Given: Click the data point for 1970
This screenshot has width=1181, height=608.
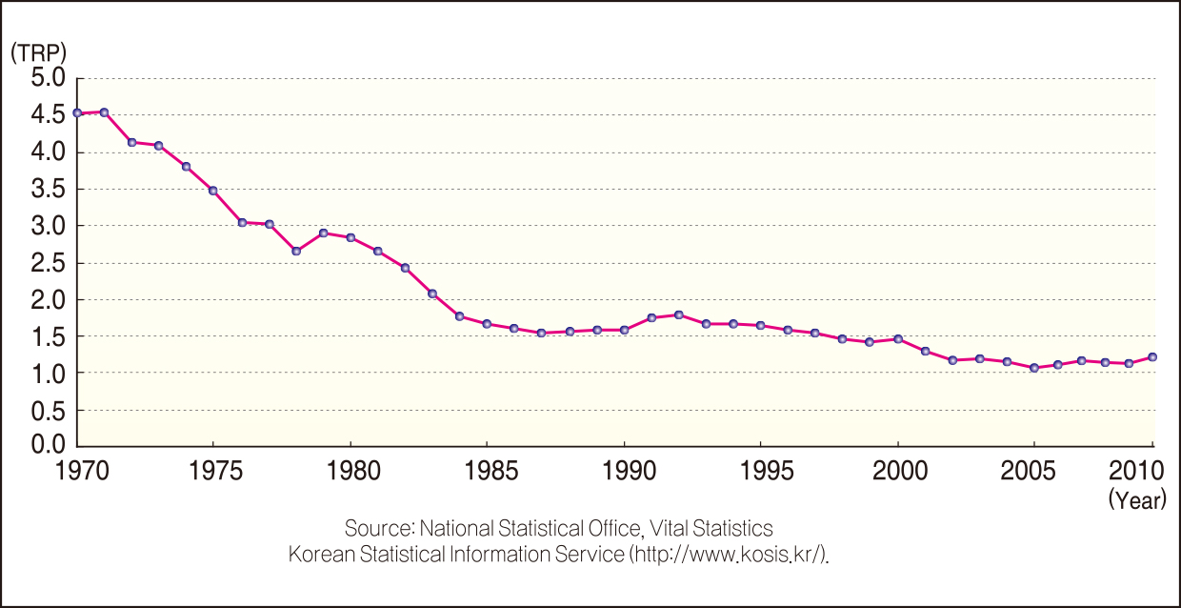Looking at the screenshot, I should [77, 113].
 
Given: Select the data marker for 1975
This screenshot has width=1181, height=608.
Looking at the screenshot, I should [213, 191].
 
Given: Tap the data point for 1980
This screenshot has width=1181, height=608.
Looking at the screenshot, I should [350, 237].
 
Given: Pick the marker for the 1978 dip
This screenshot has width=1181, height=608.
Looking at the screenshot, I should [296, 252].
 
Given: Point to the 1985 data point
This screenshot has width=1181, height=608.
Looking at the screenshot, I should [487, 324].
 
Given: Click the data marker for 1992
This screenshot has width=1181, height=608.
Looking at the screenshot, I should [679, 314].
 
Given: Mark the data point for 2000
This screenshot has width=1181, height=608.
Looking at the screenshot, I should [898, 339].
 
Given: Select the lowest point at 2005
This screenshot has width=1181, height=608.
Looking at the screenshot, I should [1034, 368].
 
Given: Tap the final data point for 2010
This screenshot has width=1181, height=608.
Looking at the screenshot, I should [1152, 357].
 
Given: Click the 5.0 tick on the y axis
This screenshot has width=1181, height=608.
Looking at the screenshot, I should [47, 77].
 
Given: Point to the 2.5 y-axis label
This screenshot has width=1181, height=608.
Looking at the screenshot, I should [47, 263].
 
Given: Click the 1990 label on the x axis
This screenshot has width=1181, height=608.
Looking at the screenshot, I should [624, 472].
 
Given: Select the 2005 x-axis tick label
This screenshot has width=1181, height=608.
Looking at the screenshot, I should [1034, 472].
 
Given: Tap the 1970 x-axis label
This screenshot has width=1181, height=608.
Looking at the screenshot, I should [77, 472].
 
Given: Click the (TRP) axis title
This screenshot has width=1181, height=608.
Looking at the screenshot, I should [39, 53].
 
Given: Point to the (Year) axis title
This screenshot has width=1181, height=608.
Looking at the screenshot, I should [1137, 500].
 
